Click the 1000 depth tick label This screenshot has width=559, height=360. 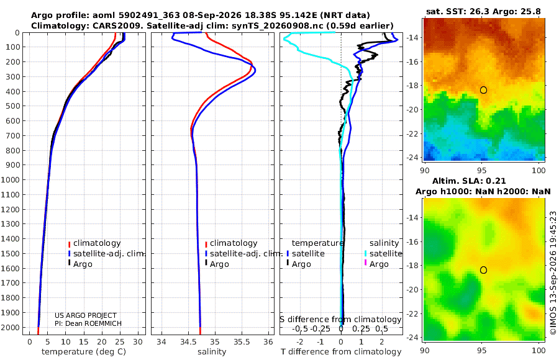point(10,179)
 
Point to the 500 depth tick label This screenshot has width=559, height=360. point(12,106)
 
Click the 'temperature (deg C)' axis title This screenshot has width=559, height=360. point(84,352)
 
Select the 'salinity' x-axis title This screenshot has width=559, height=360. point(212,352)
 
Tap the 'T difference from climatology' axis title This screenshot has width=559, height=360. point(341,352)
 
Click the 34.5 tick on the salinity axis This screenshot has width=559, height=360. point(188,342)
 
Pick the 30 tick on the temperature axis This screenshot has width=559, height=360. point(138,342)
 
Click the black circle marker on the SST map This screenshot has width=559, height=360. point(483,90)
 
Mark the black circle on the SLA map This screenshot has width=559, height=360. point(483,270)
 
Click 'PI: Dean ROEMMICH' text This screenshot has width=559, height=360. point(88,323)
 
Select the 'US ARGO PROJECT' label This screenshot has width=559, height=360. point(86,315)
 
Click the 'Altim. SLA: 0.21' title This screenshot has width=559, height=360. point(469,181)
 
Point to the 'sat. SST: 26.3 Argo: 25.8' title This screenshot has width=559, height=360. point(483,11)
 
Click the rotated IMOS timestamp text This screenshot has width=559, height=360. point(553,272)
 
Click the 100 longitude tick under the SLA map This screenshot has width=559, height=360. point(539,350)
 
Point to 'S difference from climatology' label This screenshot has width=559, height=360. point(340,320)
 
